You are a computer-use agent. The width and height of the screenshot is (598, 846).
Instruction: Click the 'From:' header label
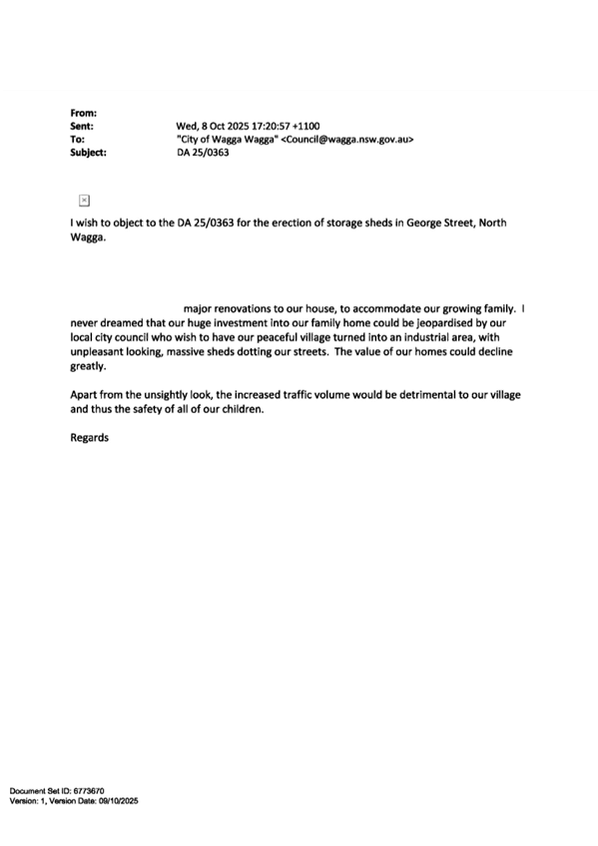pos(84,114)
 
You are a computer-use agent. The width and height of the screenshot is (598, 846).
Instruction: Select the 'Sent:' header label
pos(82,127)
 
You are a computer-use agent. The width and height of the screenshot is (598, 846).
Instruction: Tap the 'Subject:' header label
pos(89,153)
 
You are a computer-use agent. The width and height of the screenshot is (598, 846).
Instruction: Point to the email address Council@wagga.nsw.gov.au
pos(347,140)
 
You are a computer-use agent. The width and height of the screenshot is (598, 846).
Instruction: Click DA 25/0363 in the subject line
pos(203,153)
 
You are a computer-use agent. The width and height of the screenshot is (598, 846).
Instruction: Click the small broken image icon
pos(84,201)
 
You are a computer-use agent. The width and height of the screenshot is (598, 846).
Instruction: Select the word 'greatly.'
pos(88,367)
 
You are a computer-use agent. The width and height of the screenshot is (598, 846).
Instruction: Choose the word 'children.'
pos(243,409)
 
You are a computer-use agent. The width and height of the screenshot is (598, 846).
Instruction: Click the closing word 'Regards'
pos(90,438)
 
